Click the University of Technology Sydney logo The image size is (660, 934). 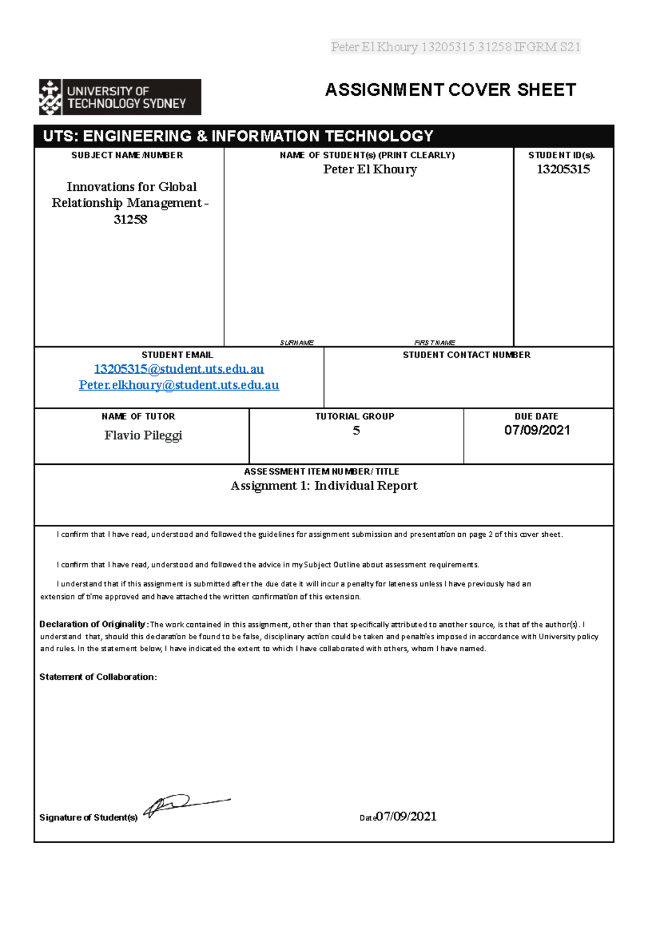pyautogui.click(x=120, y=97)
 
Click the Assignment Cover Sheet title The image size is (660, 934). pyautogui.click(x=450, y=90)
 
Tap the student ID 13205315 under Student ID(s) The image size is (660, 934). pyautogui.click(x=563, y=169)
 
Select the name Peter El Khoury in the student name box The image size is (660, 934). pyautogui.click(x=370, y=169)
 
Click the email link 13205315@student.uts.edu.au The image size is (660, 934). pyautogui.click(x=179, y=369)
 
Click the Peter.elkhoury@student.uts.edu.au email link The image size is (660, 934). pyautogui.click(x=179, y=385)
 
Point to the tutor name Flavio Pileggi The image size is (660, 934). pyautogui.click(x=143, y=435)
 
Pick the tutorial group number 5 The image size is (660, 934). pyautogui.click(x=356, y=431)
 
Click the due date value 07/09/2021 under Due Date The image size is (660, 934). pyautogui.click(x=537, y=430)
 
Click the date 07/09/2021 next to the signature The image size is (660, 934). pyautogui.click(x=406, y=816)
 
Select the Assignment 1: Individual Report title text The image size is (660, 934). pyautogui.click(x=324, y=486)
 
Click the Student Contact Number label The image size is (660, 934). pyautogui.click(x=466, y=355)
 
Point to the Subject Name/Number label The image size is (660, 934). pyautogui.click(x=127, y=155)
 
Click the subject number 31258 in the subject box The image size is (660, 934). pyautogui.click(x=130, y=219)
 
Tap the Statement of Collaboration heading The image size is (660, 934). pyautogui.click(x=98, y=677)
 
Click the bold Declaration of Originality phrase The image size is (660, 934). pyautogui.click(x=92, y=624)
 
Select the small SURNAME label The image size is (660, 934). pyautogui.click(x=296, y=343)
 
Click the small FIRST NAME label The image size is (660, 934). pyautogui.click(x=435, y=343)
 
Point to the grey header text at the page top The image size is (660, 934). pyautogui.click(x=455, y=47)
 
